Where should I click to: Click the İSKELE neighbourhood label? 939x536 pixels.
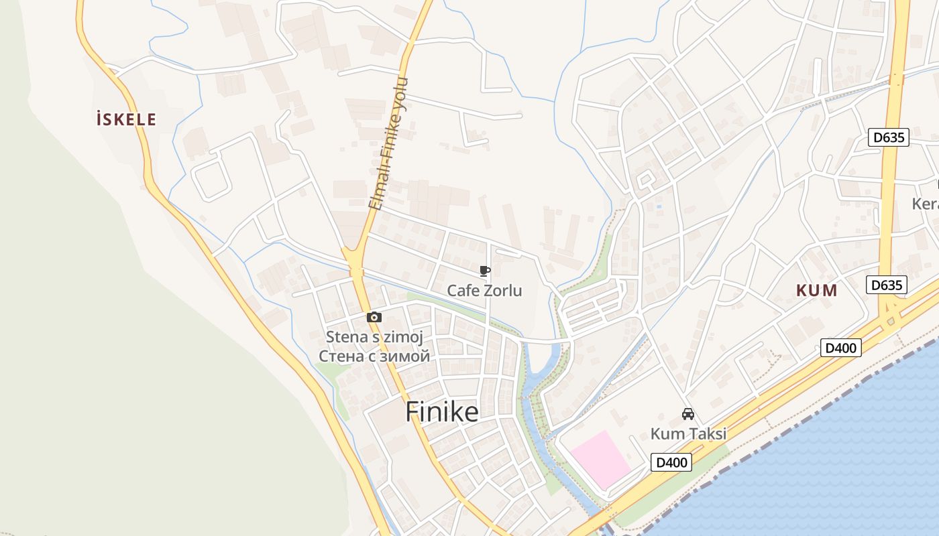[x=126, y=120]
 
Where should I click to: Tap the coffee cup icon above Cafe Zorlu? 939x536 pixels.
[x=484, y=271]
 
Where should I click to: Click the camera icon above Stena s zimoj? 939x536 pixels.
[x=374, y=317]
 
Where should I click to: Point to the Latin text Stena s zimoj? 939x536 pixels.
[x=374, y=336]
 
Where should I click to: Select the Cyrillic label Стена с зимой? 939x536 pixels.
[x=374, y=356]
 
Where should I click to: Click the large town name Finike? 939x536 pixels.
[x=442, y=412]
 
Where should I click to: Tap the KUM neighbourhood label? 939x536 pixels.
[x=817, y=291]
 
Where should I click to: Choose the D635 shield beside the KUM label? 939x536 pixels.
[x=886, y=285]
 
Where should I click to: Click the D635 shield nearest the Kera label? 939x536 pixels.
[x=889, y=138]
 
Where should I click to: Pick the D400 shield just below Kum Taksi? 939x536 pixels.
[x=671, y=462]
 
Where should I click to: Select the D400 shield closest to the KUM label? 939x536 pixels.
[x=840, y=348]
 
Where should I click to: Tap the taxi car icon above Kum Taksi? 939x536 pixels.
[x=687, y=414]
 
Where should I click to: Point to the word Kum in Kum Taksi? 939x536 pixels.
[x=665, y=433]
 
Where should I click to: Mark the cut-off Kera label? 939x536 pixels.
[x=926, y=203]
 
